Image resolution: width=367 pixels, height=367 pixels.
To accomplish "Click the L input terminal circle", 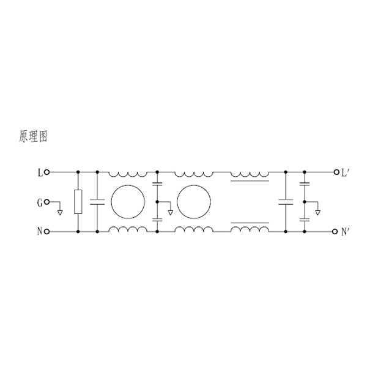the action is [x=47, y=172].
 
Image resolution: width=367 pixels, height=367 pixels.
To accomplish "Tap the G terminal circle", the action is [x=47, y=202].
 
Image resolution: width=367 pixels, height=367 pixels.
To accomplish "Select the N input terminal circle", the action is [x=47, y=232].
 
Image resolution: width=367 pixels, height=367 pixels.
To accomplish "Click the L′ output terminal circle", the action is [x=336, y=172].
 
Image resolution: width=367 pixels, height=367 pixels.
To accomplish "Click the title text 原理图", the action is [x=33, y=136].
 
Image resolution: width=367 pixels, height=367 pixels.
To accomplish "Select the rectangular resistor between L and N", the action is [x=78, y=202].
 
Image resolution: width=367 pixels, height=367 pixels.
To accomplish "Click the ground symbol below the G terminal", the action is [x=60, y=213].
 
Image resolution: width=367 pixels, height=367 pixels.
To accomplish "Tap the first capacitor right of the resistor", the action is [x=97, y=202].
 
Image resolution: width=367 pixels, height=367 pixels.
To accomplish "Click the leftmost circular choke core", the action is [x=128, y=185].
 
